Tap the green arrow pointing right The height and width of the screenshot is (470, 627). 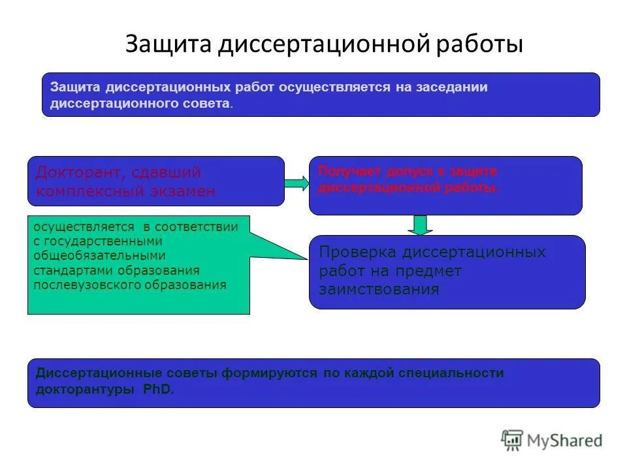(297, 183)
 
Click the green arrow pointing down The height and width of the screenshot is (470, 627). (420, 225)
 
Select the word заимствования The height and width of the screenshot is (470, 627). (379, 289)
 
